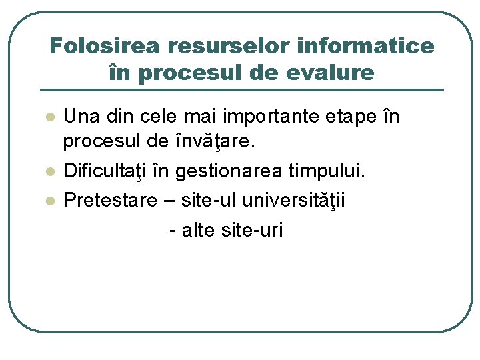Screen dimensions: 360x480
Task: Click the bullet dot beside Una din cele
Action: (x=48, y=117)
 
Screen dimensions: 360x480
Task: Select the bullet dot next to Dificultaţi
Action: (x=48, y=173)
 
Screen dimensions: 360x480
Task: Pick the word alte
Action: (x=195, y=231)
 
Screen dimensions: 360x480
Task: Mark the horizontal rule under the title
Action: (x=241, y=90)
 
